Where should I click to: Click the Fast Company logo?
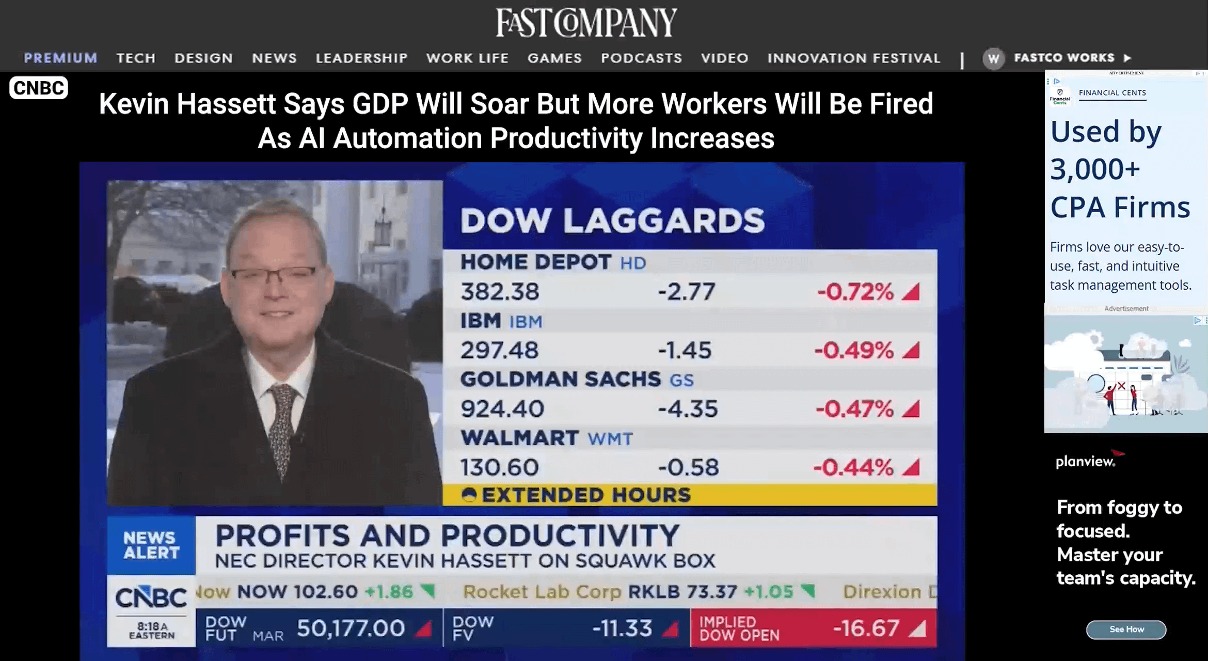586,22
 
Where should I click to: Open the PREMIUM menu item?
60,58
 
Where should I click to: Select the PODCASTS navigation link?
641,58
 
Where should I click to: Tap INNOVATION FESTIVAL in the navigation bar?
854,58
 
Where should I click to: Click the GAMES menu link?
554,58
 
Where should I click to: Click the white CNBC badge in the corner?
39,88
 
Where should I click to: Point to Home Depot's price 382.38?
500,292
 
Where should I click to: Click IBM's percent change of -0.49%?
854,351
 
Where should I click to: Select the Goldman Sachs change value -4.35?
688,409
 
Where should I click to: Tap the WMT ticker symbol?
610,439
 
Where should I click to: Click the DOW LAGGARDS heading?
612,221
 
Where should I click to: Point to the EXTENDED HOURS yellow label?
585,495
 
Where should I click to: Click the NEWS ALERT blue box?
151,545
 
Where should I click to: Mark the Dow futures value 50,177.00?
351,628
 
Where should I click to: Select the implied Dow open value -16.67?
866,628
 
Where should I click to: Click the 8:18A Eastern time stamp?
152,631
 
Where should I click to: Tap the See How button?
1126,629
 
